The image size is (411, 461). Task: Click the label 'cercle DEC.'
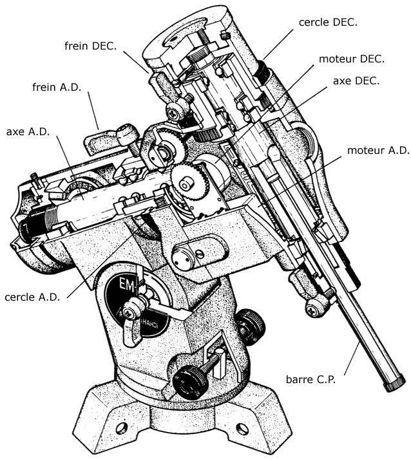tap(328, 22)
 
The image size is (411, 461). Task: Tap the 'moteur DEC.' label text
tap(352, 59)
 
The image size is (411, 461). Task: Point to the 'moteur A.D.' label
tap(378, 151)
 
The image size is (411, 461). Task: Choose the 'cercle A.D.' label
tap(34, 297)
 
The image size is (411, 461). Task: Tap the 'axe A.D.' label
tap(29, 131)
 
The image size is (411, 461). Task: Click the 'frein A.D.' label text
tap(57, 88)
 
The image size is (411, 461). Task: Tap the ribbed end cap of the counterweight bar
tap(392, 384)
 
